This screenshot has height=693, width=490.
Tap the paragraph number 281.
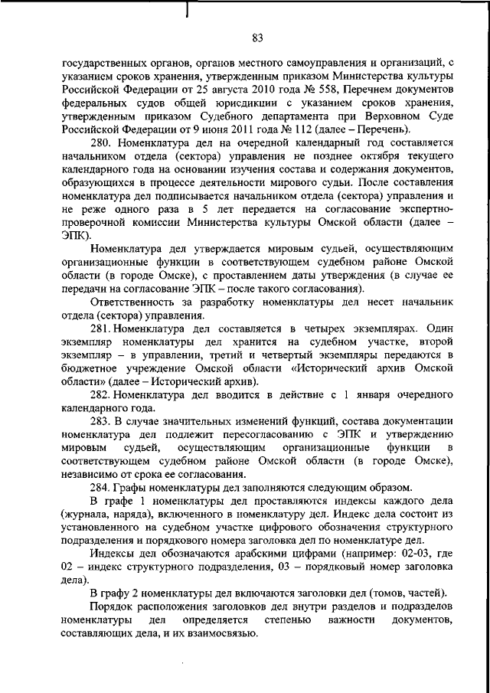100,327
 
